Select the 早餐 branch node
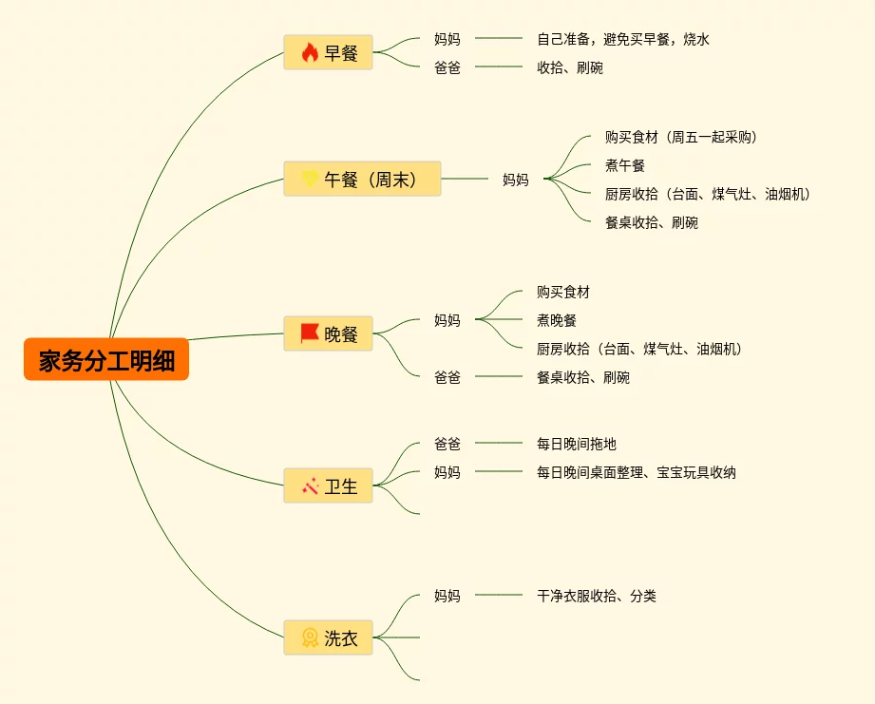(x=328, y=52)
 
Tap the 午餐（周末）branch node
(x=362, y=179)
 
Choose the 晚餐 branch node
(x=328, y=333)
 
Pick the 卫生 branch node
(x=328, y=485)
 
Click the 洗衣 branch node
(x=328, y=637)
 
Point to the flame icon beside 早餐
(x=309, y=52)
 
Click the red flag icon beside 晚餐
(x=309, y=333)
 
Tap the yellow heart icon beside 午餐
(x=309, y=179)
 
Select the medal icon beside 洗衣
(x=309, y=637)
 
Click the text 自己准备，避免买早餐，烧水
(x=622, y=39)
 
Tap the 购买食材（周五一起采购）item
(x=680, y=137)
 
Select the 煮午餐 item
(x=624, y=165)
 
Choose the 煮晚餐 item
(x=556, y=320)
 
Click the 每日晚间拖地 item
(x=576, y=444)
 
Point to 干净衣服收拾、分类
(x=596, y=596)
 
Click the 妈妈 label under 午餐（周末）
(x=515, y=179)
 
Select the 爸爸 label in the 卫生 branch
(x=447, y=444)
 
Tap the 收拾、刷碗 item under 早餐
(x=569, y=67)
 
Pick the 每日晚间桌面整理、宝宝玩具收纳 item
(x=636, y=472)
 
